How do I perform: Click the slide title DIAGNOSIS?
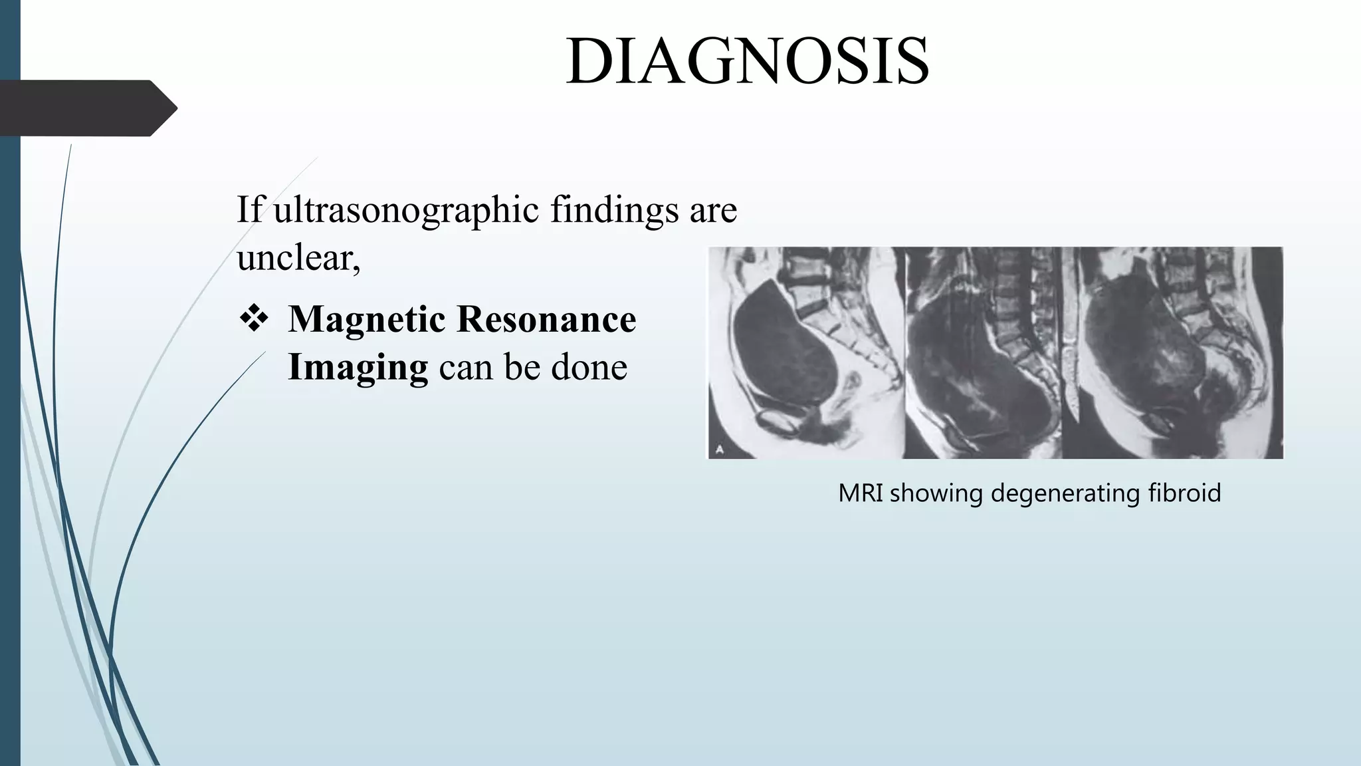(747, 61)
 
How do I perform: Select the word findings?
(613, 210)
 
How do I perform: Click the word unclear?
(298, 258)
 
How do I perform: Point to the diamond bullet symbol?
(254, 319)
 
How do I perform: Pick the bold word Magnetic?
(366, 319)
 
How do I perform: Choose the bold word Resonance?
(547, 319)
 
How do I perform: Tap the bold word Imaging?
(358, 367)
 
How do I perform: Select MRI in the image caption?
(860, 493)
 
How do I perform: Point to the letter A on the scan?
(720, 449)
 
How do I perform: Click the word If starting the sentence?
(250, 210)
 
